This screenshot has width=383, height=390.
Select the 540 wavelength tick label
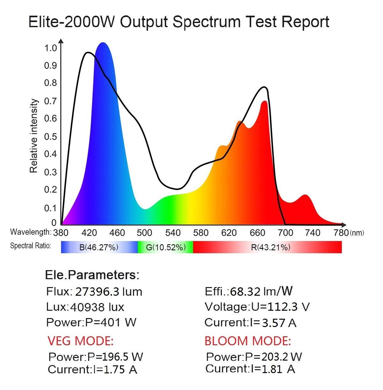click(x=173, y=233)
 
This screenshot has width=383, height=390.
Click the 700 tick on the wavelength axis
click(x=285, y=233)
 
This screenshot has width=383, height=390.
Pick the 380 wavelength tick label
click(x=61, y=233)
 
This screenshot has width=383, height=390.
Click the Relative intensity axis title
click(x=34, y=136)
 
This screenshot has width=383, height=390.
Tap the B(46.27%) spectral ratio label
click(x=99, y=247)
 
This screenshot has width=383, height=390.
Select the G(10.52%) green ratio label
click(x=166, y=247)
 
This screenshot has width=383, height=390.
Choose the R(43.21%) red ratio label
click(x=270, y=247)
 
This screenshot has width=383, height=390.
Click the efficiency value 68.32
click(x=245, y=291)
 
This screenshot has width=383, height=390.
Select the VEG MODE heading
click(x=80, y=341)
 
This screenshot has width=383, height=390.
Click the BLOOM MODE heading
click(x=248, y=341)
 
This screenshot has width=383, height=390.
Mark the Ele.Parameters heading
click(x=92, y=275)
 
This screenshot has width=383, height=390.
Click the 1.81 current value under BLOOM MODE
click(x=272, y=369)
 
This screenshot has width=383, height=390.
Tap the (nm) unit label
click(x=357, y=233)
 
